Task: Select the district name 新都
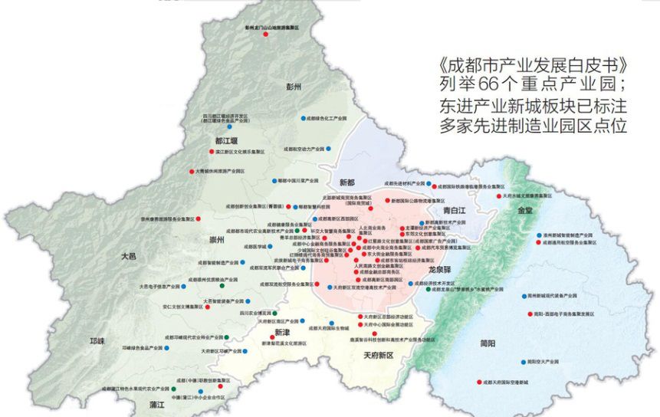pos(346,182)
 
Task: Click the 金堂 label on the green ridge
pos(525,209)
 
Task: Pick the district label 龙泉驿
pos(441,270)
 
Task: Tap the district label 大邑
pos(126,257)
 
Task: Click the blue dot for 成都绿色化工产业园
pos(300,119)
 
